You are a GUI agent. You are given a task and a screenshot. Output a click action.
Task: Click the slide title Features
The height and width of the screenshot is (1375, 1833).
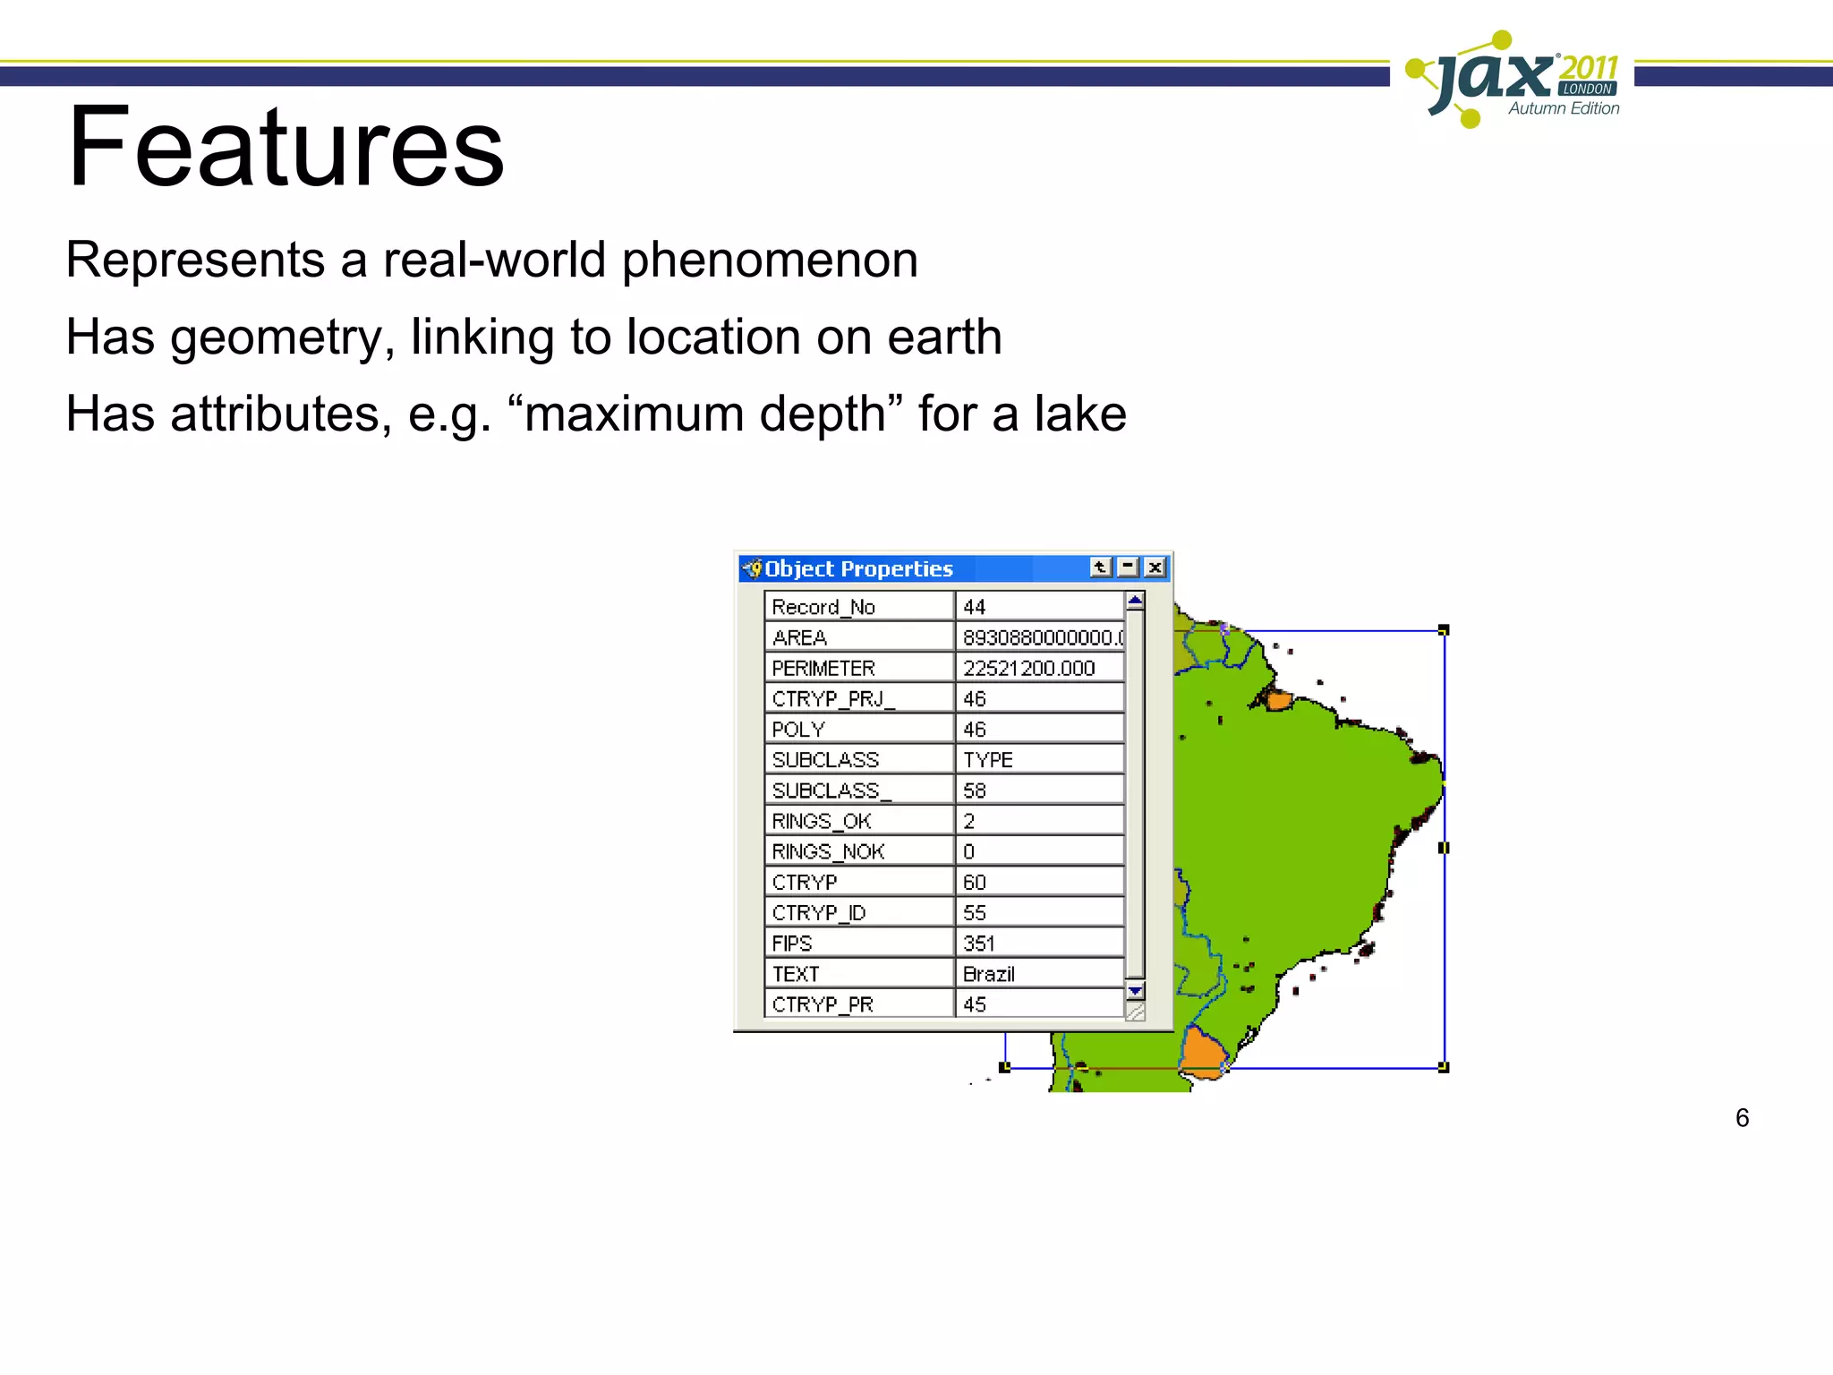(x=286, y=148)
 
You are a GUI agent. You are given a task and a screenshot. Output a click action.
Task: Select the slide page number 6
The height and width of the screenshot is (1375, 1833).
(x=1742, y=1118)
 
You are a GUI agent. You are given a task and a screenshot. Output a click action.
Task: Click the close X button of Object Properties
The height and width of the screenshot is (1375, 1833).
(x=1155, y=568)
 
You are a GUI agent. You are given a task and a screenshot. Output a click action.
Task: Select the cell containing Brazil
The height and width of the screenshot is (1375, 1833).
(x=1038, y=974)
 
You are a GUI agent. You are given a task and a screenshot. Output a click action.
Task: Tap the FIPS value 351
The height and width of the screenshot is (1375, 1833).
(x=1038, y=944)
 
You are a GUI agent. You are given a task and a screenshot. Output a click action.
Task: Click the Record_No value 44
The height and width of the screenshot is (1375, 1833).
(x=1038, y=607)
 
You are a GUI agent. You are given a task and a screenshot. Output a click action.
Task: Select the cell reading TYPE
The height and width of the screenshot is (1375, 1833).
(x=1038, y=760)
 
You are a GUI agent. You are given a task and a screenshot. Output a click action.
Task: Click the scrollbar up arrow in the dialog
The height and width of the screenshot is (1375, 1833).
(x=1135, y=601)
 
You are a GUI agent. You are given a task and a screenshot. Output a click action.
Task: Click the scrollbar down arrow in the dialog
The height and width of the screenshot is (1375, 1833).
(x=1135, y=991)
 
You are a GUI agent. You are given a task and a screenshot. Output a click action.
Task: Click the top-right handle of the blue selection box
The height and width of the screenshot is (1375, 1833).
(x=1443, y=631)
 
